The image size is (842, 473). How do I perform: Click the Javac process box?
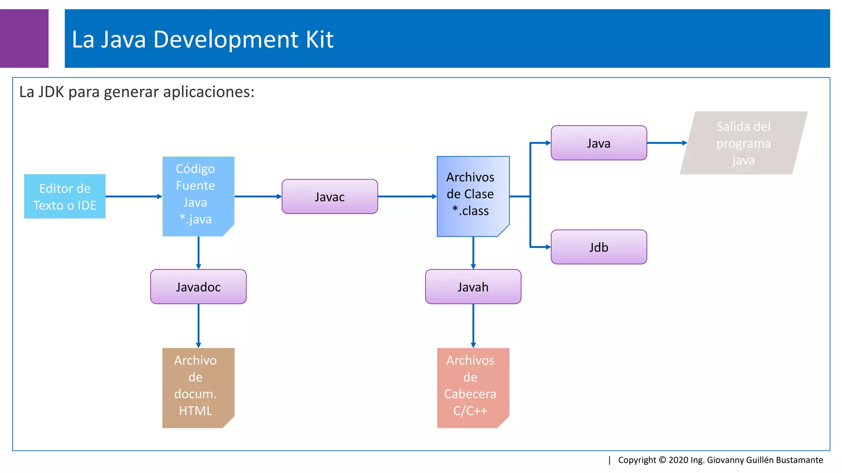[x=330, y=197]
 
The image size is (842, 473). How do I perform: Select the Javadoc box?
[x=198, y=287]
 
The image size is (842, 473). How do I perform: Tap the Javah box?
[x=473, y=287]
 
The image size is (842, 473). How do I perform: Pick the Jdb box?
[x=599, y=247]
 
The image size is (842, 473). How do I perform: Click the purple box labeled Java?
[x=599, y=143]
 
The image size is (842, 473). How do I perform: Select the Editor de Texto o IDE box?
[x=65, y=197]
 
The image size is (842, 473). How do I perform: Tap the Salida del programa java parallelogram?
[x=743, y=143]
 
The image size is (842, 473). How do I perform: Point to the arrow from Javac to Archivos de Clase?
[x=407, y=197]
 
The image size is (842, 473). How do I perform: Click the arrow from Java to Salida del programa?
[x=666, y=143]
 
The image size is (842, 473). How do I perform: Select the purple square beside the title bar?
[x=24, y=38]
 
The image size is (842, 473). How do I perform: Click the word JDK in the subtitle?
[x=51, y=92]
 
